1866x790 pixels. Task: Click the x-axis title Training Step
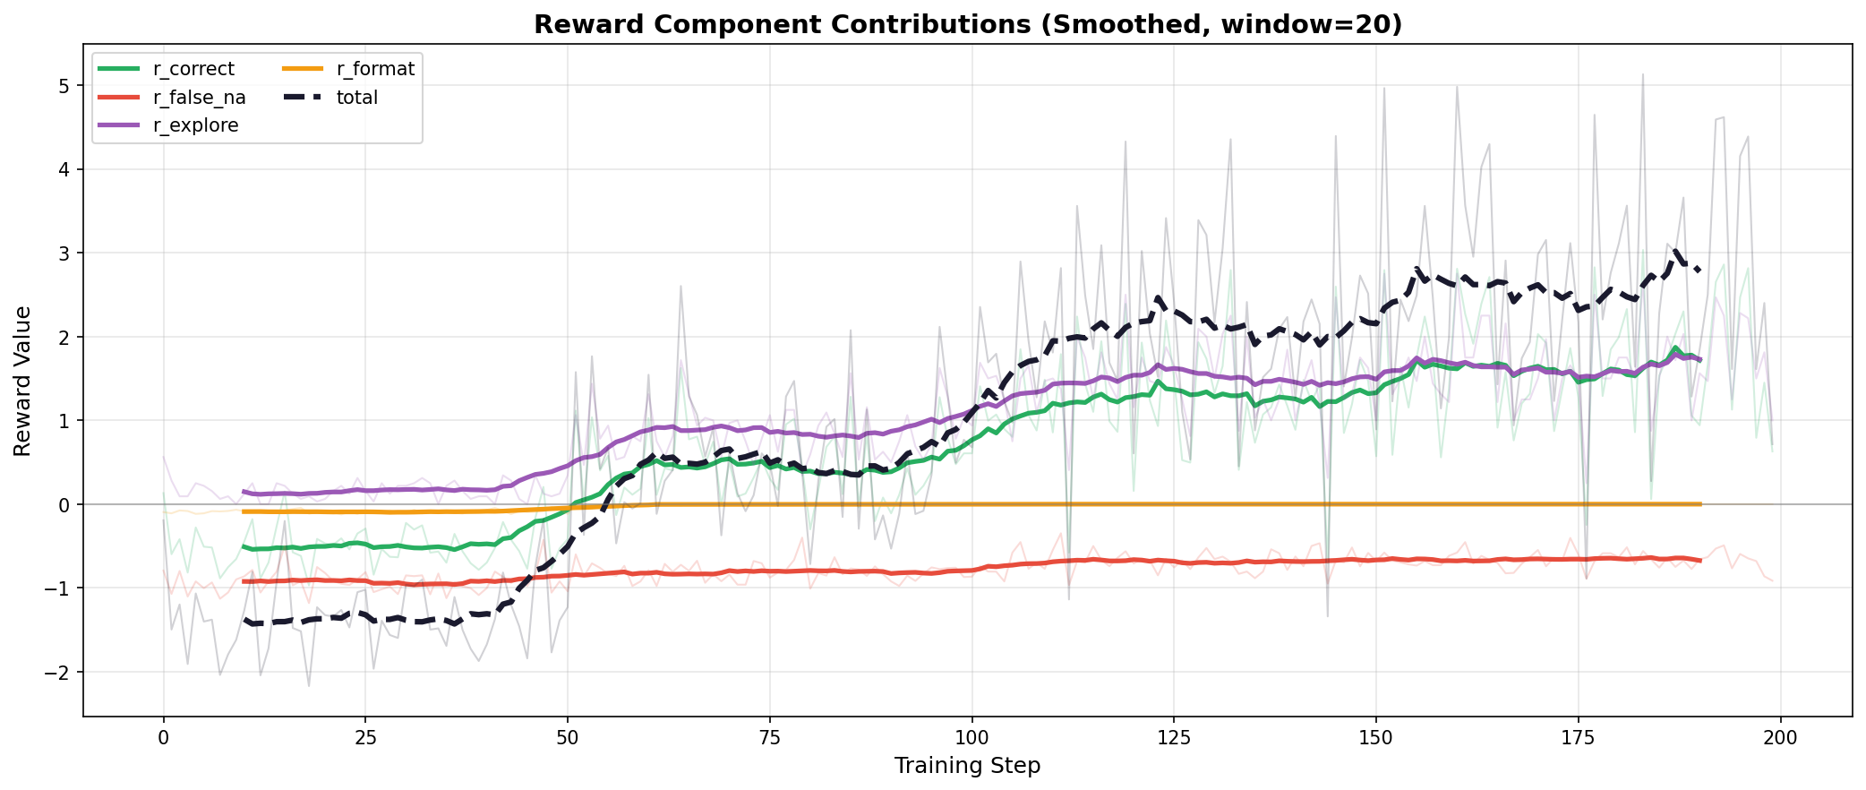(x=967, y=766)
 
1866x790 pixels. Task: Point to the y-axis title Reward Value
(x=23, y=381)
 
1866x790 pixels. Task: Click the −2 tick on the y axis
(x=60, y=672)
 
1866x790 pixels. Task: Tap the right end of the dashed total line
(x=1699, y=270)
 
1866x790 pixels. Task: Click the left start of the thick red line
(x=244, y=581)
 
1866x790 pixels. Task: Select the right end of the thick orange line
(x=1699, y=504)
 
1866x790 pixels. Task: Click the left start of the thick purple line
(x=244, y=491)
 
